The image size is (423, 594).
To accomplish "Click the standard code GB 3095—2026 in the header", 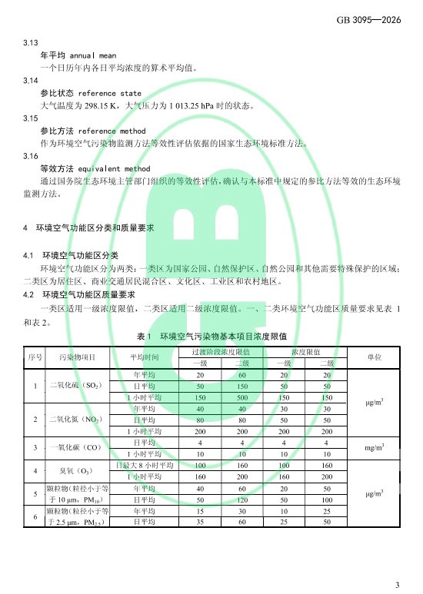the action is click(368, 19).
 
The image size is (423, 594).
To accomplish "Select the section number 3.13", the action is click(32, 44).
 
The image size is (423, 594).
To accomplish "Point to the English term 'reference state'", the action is click(110, 93).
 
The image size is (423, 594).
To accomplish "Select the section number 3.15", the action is click(32, 118).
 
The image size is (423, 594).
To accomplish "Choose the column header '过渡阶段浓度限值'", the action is click(221, 351).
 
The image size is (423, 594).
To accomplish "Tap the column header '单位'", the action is click(373, 357).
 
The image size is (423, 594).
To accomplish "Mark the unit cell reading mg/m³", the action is click(373, 448).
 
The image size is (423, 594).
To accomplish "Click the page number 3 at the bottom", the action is click(398, 585).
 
